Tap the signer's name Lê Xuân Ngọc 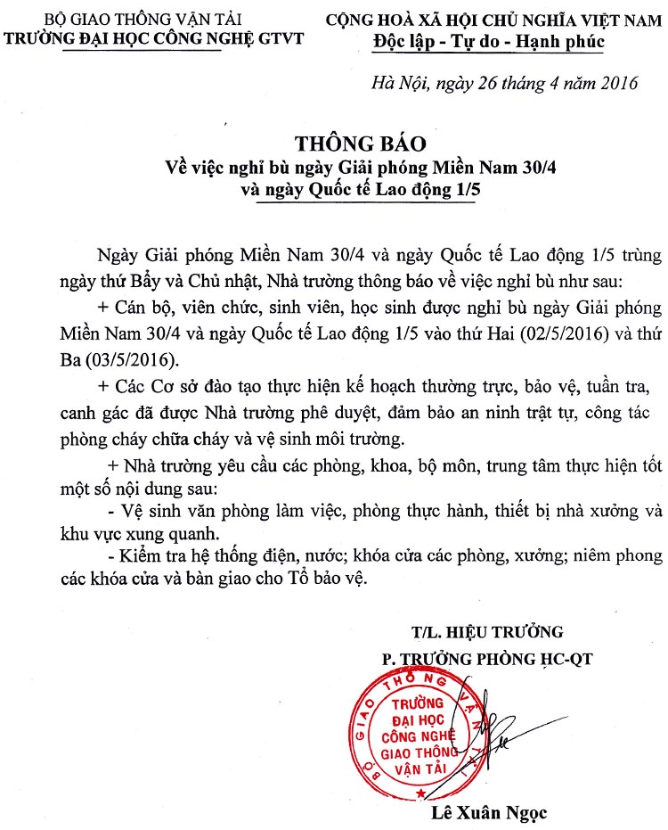[x=488, y=812]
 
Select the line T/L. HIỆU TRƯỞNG [x=487, y=632]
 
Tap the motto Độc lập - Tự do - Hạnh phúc [x=488, y=41]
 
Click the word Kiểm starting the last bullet [x=134, y=556]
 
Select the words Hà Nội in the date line [x=396, y=85]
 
